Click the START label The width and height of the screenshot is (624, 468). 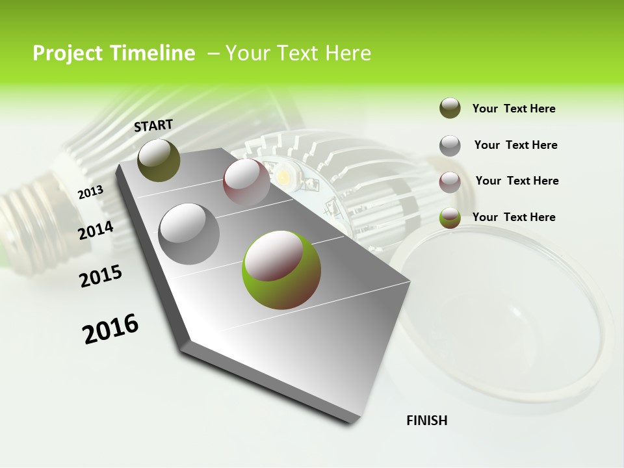point(153,125)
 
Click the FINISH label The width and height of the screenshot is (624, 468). point(426,421)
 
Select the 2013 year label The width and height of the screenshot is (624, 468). point(90,192)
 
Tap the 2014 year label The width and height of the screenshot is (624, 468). point(96,231)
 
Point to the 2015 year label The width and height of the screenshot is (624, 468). point(101,276)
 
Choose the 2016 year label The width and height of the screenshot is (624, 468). point(110,329)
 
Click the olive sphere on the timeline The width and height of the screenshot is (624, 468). point(159,160)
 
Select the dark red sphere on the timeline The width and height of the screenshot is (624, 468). point(246,182)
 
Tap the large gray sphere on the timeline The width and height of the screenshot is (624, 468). point(189,234)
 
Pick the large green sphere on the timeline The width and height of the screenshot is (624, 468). point(281,270)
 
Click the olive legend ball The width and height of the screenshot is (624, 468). point(450,109)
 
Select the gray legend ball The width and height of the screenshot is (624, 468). point(450,146)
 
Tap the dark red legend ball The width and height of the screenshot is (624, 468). point(450,181)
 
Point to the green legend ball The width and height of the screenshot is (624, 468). point(450,218)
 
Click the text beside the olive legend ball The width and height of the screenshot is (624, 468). point(513,109)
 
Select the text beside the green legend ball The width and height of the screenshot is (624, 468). point(513,217)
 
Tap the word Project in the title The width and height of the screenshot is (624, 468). point(68,53)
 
